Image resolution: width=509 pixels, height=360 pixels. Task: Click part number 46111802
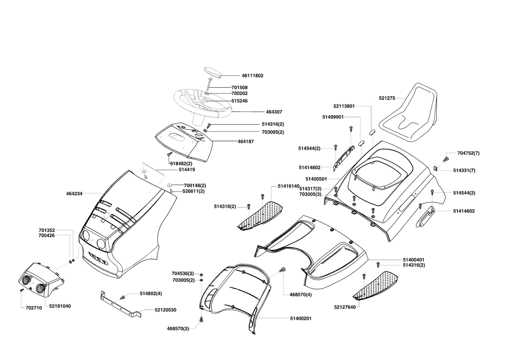(252, 76)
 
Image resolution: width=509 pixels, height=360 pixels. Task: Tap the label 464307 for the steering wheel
(274, 112)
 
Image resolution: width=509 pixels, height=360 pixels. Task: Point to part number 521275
(387, 98)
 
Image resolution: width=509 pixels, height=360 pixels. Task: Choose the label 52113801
(344, 106)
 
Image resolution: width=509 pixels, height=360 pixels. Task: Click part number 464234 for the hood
(74, 193)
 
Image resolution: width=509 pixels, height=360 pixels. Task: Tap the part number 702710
(34, 308)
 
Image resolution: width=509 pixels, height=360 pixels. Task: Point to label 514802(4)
(151, 294)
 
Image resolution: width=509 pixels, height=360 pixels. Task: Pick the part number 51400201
(300, 319)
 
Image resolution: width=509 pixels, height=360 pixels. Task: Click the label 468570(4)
(300, 295)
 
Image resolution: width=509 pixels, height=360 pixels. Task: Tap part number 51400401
(413, 260)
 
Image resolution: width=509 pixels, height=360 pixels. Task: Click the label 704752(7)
(468, 153)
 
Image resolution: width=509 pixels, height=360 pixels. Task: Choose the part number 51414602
(464, 211)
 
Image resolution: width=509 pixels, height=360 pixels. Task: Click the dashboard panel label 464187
(246, 141)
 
